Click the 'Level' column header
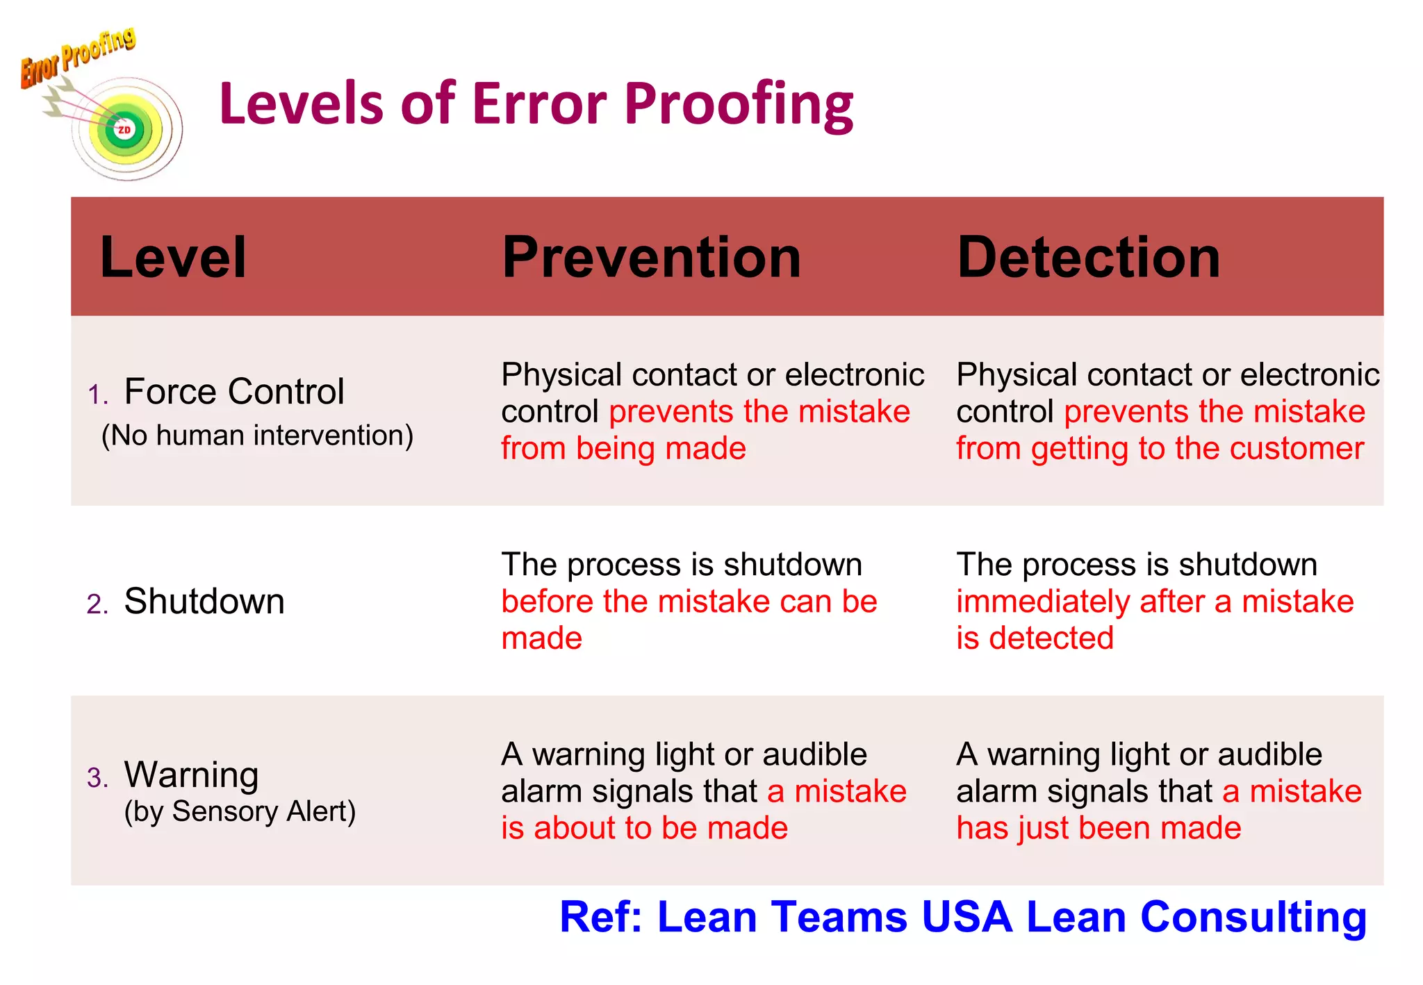point(173,258)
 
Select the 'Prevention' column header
point(651,258)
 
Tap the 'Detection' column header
point(1088,258)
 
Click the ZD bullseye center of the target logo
point(124,130)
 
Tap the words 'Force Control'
point(234,392)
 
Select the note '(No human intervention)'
point(257,436)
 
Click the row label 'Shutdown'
point(204,602)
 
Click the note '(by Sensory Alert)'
point(240,811)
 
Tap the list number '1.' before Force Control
point(97,395)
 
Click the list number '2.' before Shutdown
point(97,604)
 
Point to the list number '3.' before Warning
point(97,778)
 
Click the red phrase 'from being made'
point(623,449)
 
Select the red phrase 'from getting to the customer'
point(1160,449)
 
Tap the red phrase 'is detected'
point(1035,638)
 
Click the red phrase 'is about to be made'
point(644,828)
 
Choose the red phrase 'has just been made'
point(1099,828)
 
